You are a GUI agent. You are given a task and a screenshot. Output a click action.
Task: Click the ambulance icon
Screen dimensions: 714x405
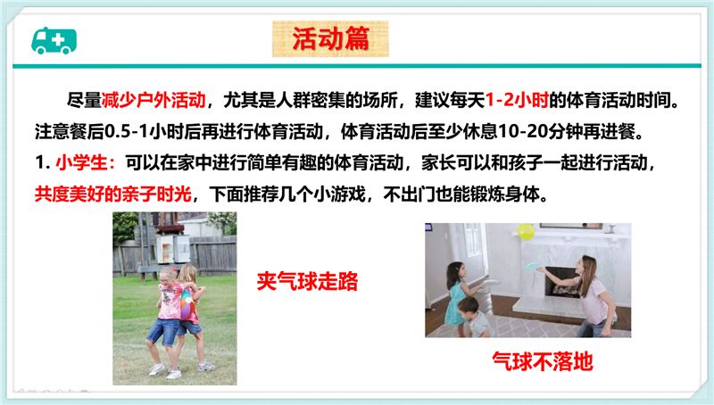(54, 40)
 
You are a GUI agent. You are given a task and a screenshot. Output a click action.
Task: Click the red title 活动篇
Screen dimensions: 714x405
(330, 38)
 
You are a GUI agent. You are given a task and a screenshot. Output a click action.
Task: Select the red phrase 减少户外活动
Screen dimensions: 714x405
(154, 100)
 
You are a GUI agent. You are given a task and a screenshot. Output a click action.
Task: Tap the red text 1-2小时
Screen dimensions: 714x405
(517, 100)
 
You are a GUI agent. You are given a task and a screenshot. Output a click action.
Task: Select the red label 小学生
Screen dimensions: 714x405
(81, 163)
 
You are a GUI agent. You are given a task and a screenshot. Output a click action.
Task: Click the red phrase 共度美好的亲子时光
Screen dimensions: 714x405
(113, 194)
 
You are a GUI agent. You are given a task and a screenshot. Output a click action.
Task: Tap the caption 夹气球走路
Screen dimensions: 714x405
(307, 281)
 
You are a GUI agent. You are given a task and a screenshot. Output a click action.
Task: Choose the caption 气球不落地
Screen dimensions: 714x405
(543, 362)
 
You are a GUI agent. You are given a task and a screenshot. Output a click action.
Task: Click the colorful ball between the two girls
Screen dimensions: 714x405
(188, 304)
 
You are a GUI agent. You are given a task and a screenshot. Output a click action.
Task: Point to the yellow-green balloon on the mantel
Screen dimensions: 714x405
(526, 232)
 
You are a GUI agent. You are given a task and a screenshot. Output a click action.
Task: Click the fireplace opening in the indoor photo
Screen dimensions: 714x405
(561, 282)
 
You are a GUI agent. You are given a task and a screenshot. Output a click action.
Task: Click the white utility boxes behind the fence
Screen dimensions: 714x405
(173, 249)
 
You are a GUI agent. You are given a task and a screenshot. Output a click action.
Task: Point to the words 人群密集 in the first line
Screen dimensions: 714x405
(310, 100)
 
